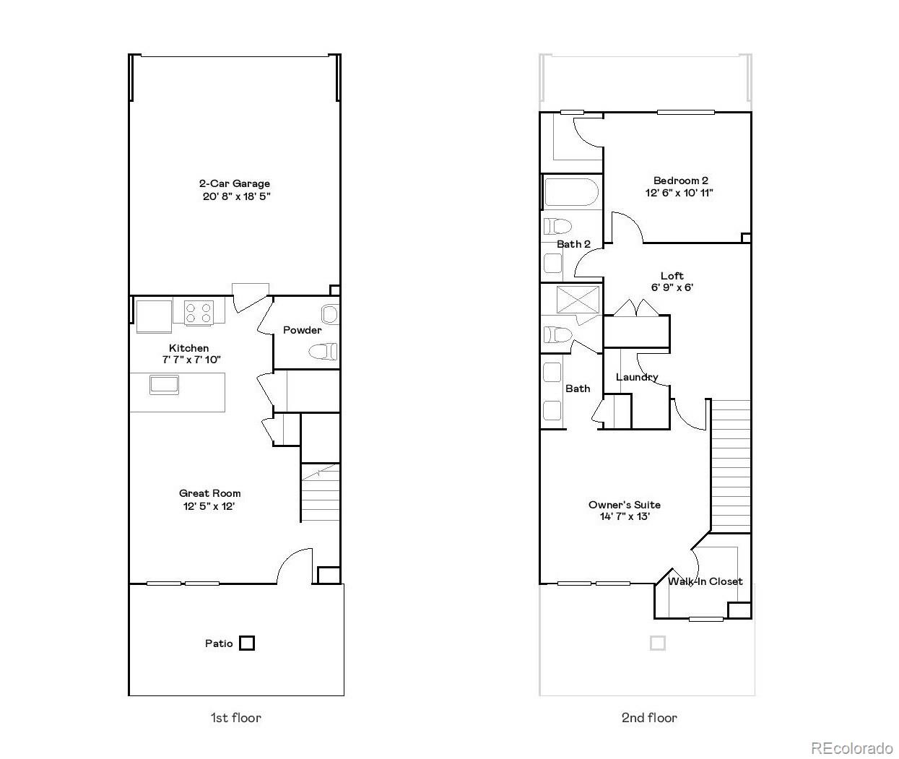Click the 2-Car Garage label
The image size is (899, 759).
point(235,183)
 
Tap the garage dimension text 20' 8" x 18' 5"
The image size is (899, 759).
point(236,196)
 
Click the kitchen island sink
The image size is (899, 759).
point(163,384)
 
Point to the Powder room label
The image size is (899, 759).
point(302,330)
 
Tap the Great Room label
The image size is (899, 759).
point(210,493)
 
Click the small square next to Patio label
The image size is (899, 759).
point(247,643)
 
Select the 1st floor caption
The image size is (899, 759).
point(235,718)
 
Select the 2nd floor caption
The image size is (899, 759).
point(649,718)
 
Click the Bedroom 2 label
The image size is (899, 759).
point(680,181)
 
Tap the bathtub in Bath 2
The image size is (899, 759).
point(570,193)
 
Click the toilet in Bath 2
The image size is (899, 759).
point(557,226)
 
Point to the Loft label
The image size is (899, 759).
point(672,275)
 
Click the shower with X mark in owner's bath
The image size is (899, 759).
point(578,299)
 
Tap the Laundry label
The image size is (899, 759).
point(637,377)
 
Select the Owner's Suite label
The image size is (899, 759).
point(625,505)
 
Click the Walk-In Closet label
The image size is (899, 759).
point(705,581)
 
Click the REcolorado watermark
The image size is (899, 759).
point(852,747)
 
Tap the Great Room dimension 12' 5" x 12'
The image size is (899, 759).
point(209,506)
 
